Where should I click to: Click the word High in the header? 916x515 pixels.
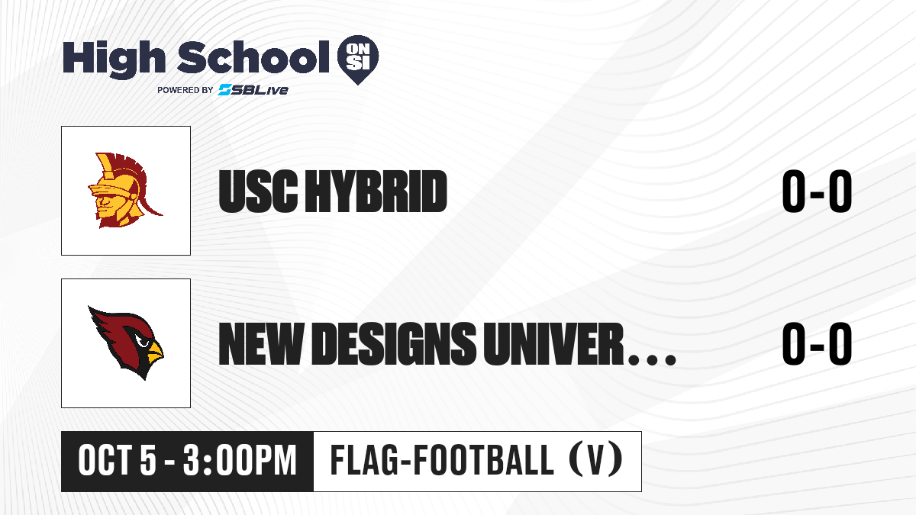tap(114, 60)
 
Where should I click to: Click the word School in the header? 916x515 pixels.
tap(253, 57)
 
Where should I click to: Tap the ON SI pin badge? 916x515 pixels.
tap(358, 60)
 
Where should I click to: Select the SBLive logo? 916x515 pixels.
tap(253, 90)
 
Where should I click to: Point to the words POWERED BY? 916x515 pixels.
tap(185, 90)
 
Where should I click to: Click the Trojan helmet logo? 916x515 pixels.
tap(124, 191)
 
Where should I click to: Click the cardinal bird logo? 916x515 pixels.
tap(125, 343)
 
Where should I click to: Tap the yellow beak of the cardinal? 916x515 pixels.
tap(155, 352)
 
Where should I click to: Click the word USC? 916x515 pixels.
tap(258, 192)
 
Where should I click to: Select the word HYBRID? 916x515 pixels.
tap(376, 192)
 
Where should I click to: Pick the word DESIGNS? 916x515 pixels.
tap(393, 344)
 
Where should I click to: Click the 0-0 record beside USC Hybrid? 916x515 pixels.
tap(817, 192)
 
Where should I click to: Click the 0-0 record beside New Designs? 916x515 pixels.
tap(817, 344)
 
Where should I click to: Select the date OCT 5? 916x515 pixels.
tap(118, 460)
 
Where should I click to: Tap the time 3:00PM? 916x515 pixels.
tap(239, 460)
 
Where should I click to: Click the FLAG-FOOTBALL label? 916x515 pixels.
tap(442, 460)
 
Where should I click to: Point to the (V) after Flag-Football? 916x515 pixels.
tap(596, 460)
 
